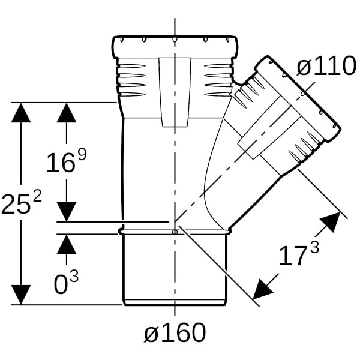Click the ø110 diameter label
326,66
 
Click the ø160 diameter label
175,332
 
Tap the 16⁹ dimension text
67,160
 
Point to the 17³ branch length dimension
299,254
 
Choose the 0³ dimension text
66,282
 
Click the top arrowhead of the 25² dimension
21,113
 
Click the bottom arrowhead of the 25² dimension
21,295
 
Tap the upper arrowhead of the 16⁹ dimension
67,113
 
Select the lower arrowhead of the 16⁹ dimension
67,212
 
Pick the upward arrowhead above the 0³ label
67,244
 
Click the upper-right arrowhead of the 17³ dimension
331,221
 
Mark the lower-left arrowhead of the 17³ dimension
262,290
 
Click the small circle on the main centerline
175,232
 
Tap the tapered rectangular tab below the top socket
175,92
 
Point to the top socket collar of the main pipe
175,47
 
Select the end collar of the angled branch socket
298,99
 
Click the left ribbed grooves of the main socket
131,80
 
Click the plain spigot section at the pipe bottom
175,269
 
